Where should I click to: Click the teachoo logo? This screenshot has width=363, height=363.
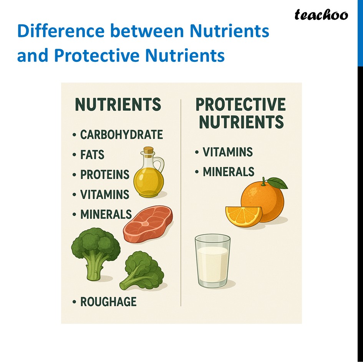[321, 15]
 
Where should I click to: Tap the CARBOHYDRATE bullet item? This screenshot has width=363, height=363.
[121, 135]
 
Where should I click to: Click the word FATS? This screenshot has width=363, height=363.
[92, 155]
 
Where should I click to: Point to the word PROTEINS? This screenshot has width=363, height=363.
[104, 175]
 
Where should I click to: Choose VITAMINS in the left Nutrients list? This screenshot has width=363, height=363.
[104, 195]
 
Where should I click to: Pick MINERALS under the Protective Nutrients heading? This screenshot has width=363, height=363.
[228, 172]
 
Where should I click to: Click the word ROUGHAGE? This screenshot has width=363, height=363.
[108, 302]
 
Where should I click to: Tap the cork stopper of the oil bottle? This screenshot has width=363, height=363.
[148, 150]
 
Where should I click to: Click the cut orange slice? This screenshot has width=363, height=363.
[244, 216]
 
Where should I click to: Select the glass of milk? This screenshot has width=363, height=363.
[212, 261]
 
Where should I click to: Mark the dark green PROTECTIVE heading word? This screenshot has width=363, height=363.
[240, 104]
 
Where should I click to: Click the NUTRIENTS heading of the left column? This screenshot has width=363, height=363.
[118, 104]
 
